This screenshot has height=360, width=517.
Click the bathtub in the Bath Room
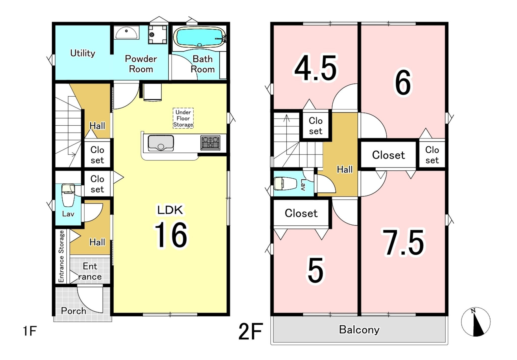201,37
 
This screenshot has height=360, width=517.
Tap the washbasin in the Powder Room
126,32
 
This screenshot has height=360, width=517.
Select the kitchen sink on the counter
161,143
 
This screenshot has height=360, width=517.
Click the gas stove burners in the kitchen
210,143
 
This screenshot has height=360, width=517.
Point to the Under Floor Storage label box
183,118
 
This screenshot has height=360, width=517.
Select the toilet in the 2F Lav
286,183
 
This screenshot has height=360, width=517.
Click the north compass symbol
476,322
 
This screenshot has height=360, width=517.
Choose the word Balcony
359,330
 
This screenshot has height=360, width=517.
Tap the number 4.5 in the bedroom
315,68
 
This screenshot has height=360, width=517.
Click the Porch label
73,311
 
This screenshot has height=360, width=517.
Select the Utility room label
83,53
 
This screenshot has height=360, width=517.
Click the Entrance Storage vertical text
61,256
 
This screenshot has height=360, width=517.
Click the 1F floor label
30,331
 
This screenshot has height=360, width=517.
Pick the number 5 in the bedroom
315,271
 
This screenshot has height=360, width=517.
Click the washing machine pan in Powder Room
158,34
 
